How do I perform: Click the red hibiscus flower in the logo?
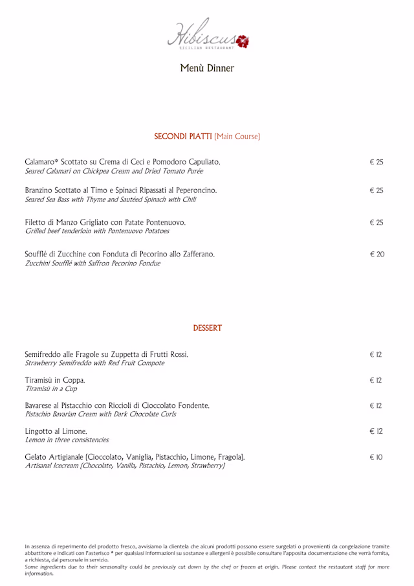[243, 42]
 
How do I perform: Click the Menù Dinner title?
[207, 68]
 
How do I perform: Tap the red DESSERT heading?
[207, 328]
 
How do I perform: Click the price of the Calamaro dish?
[376, 162]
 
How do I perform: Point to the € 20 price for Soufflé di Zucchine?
[376, 254]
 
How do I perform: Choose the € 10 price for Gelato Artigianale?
[376, 457]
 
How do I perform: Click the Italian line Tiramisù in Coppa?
[55, 380]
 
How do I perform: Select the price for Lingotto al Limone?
[376, 431]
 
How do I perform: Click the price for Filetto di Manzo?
[376, 222]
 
